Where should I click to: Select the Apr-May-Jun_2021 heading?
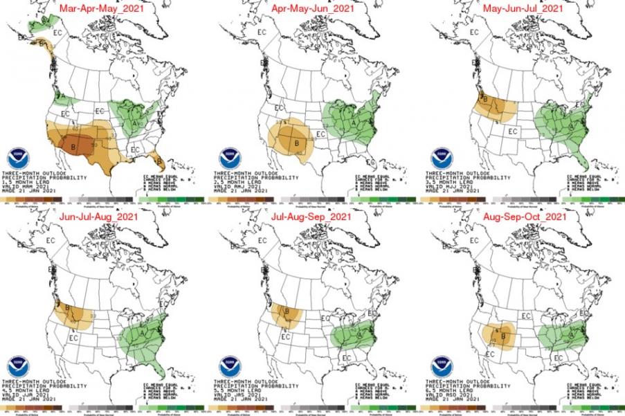click(x=314, y=10)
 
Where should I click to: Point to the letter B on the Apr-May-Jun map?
click(x=296, y=143)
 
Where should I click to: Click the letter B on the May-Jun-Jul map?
click(x=484, y=100)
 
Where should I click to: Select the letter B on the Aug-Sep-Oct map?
click(x=503, y=337)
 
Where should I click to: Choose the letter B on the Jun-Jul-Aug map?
click(x=67, y=308)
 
